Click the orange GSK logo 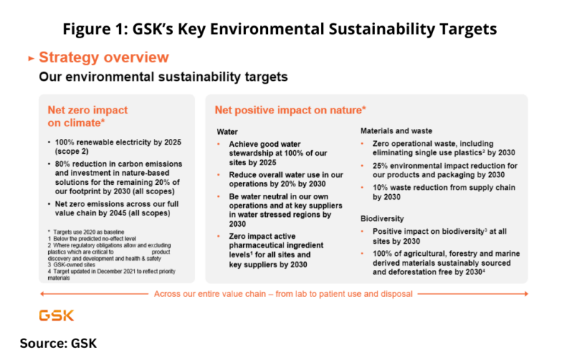(x=56, y=315)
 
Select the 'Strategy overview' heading (x=103, y=57)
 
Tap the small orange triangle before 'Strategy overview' (x=30, y=58)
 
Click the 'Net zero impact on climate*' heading (x=88, y=116)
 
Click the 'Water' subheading (x=228, y=132)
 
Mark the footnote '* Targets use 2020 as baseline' (x=87, y=232)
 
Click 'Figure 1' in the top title (x=94, y=29)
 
